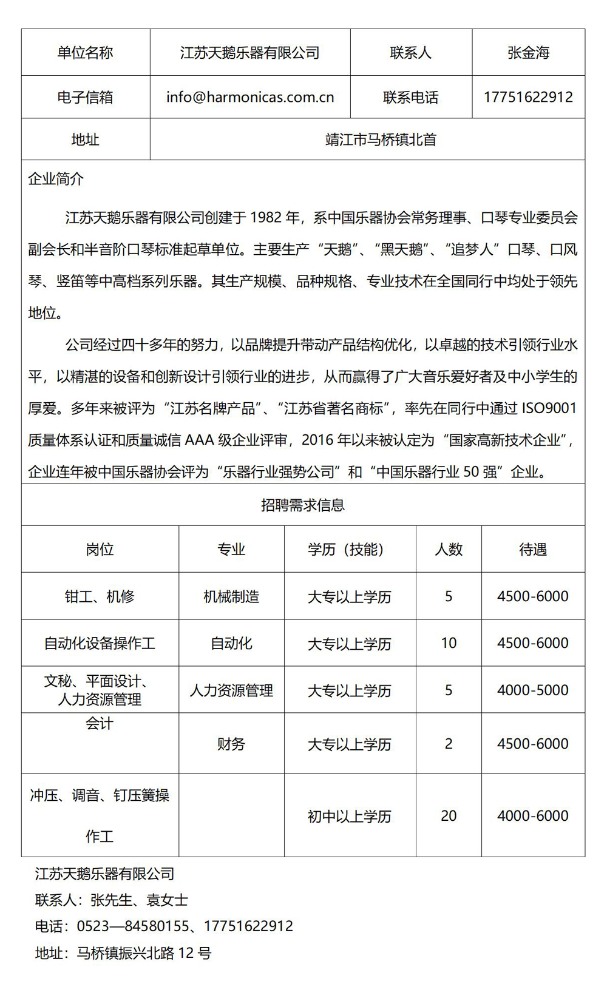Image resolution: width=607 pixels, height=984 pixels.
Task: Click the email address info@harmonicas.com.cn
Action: [x=250, y=97]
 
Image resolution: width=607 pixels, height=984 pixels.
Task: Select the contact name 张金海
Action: [x=528, y=53]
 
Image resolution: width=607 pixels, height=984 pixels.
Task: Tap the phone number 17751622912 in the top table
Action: [x=528, y=97]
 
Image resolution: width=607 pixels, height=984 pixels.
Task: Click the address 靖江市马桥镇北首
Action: [x=381, y=140]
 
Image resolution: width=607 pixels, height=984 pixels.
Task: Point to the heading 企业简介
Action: [x=56, y=179]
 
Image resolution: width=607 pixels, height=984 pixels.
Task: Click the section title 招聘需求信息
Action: [x=303, y=505]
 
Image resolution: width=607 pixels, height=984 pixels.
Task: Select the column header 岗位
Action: [x=100, y=550]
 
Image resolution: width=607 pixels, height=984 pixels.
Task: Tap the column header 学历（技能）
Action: [x=350, y=550]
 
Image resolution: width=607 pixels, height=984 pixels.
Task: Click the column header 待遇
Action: [x=533, y=550]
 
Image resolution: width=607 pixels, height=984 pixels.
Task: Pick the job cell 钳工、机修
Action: [x=100, y=596]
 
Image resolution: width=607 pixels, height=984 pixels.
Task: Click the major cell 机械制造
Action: [x=231, y=596]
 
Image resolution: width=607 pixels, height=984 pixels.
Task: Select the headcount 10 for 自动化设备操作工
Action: [x=449, y=643]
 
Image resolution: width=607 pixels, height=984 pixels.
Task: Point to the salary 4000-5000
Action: [x=533, y=690]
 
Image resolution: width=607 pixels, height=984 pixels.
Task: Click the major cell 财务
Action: [x=231, y=744]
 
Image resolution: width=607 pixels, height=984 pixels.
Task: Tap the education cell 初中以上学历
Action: [x=350, y=817]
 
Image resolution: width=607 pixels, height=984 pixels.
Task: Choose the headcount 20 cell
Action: [x=449, y=816]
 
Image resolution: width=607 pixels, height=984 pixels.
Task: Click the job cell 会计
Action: [x=100, y=723]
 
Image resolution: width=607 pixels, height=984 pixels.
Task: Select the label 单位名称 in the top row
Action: [x=85, y=53]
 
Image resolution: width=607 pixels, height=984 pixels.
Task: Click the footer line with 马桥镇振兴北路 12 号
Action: [x=123, y=953]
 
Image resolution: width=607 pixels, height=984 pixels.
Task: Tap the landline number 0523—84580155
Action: [x=133, y=926]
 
